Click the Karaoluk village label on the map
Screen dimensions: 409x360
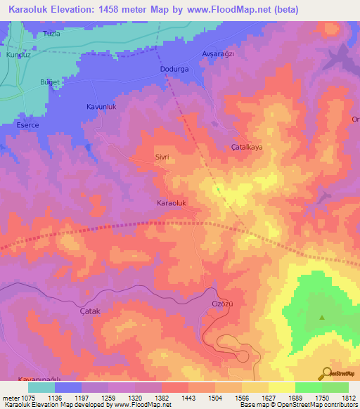click(x=171, y=202)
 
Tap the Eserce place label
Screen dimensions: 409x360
click(x=27, y=125)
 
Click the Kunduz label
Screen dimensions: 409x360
click(x=15, y=54)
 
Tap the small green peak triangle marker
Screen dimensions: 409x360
click(x=323, y=318)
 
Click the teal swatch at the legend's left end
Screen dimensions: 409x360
click(x=41, y=387)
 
